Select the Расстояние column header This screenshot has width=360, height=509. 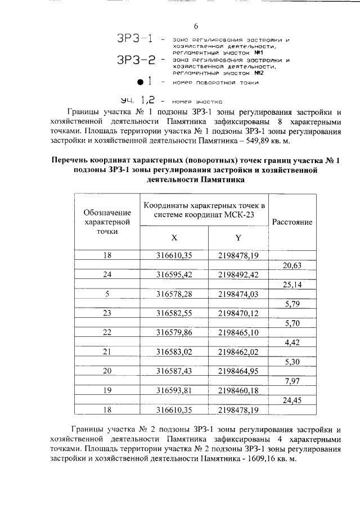tap(292, 222)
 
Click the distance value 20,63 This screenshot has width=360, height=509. tap(292, 265)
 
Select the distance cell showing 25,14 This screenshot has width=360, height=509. tap(292, 285)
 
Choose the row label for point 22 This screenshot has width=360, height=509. tap(107, 332)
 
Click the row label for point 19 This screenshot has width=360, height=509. tap(107, 390)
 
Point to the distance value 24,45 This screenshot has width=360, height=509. tap(292, 400)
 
